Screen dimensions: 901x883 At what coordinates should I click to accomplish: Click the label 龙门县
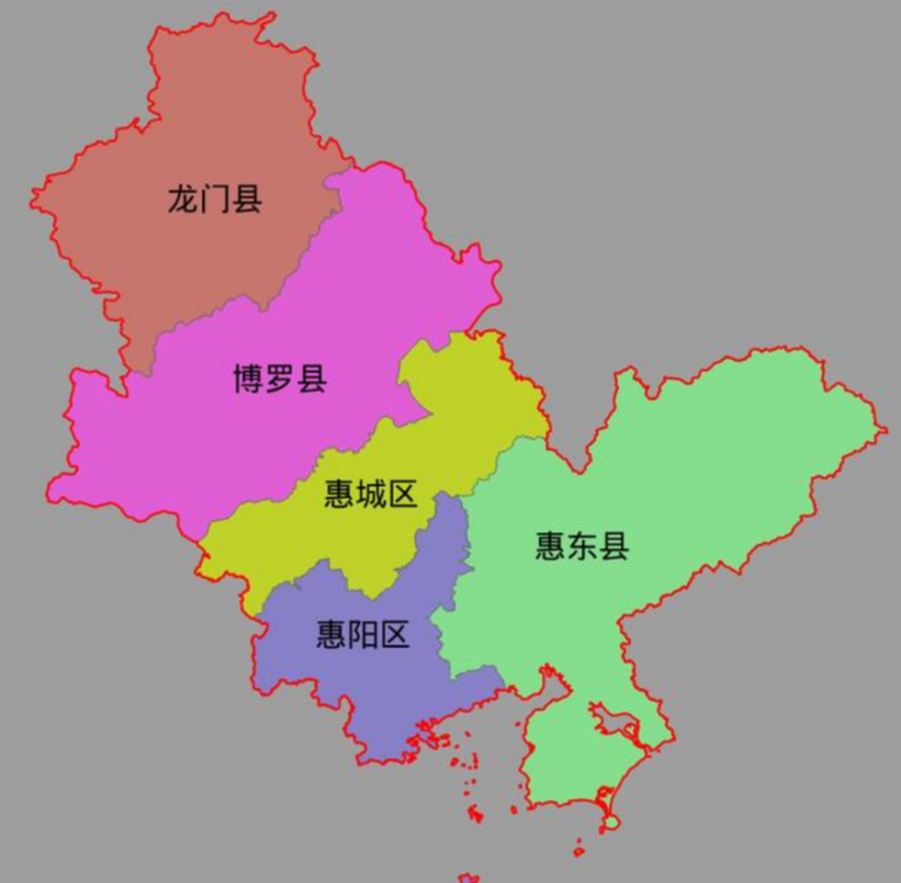[x=214, y=199]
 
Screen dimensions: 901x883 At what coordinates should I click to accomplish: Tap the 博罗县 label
[x=279, y=378]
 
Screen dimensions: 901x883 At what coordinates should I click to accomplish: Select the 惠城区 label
[x=370, y=494]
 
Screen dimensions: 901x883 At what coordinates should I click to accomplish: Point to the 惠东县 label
[x=581, y=546]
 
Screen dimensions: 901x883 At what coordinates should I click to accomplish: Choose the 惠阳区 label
[x=362, y=635]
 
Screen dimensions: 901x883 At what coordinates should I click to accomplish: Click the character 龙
[x=183, y=199]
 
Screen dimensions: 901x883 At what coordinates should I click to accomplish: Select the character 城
[x=370, y=494]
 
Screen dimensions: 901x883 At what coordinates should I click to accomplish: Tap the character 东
[x=581, y=546]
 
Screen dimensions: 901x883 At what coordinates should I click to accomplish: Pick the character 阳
[x=362, y=635]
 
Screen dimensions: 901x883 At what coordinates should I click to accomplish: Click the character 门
[x=214, y=199]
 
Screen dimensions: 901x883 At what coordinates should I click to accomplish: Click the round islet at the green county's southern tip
[x=612, y=822]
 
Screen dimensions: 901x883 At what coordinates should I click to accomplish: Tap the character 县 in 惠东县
[x=614, y=546]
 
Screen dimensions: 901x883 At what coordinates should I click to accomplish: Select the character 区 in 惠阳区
[x=394, y=635]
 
